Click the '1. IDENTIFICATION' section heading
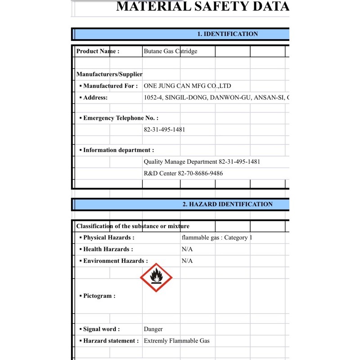(227, 34)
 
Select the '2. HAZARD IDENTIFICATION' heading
(227, 204)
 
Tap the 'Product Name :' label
(98, 51)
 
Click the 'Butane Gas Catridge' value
(170, 51)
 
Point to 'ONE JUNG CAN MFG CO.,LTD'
(187, 85)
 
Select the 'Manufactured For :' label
(110, 85)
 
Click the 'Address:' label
(95, 97)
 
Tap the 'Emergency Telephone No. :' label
(121, 118)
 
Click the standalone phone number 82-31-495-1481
(164, 130)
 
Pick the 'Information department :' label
(118, 150)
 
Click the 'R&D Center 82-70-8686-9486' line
(183, 173)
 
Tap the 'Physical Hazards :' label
(108, 238)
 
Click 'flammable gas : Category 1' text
(217, 238)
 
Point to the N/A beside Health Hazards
(187, 249)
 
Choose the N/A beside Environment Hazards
(187, 261)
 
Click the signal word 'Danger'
(153, 329)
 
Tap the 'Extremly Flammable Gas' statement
(176, 341)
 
